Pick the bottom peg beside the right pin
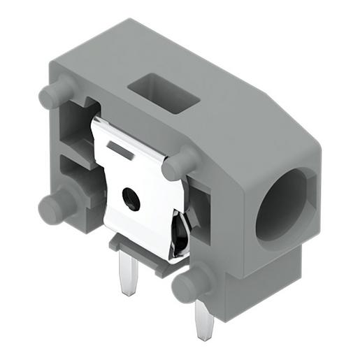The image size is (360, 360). (x=190, y=282)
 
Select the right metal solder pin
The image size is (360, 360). (x=204, y=317)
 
